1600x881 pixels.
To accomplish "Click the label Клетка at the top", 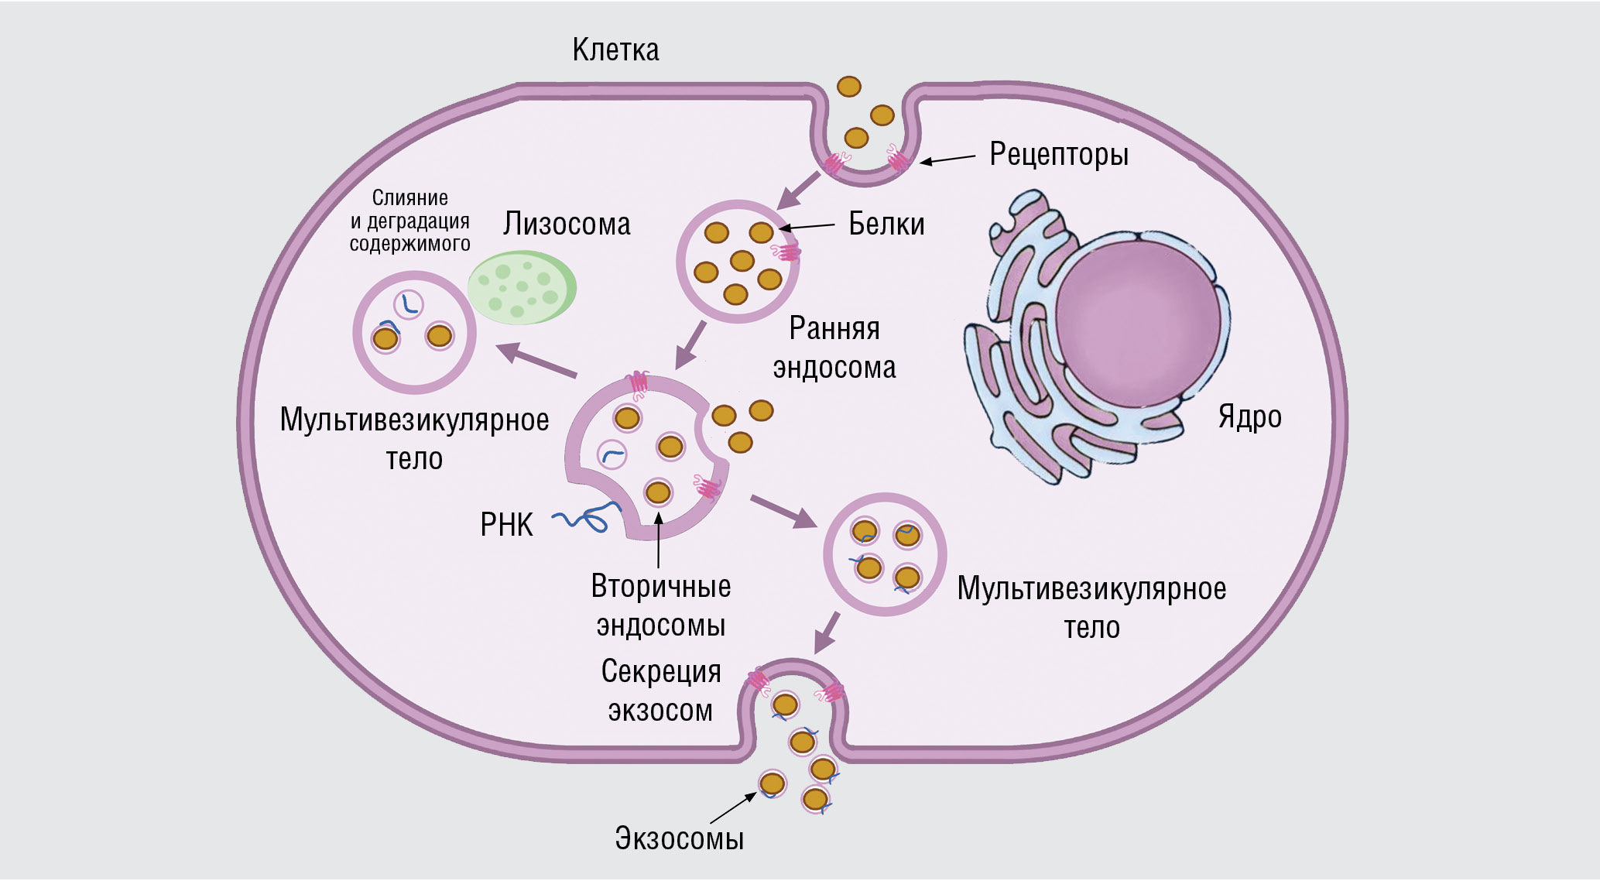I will pos(615,50).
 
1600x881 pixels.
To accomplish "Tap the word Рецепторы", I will pos(1058,154).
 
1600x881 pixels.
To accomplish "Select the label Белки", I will pos(886,224).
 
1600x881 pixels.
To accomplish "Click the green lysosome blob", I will pos(522,286).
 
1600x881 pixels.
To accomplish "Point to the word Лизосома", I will pos(567,224).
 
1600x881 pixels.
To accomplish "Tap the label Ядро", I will pos(1249,417).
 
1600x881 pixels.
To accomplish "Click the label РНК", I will pos(506,525).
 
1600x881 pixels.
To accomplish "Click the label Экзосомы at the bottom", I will pos(679,838).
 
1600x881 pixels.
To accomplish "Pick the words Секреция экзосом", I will pos(660,691).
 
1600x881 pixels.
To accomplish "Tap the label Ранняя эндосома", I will pos(834,348).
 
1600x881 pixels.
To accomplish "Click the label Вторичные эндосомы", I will pos(660,605).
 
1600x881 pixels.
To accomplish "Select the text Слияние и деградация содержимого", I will pos(409,221).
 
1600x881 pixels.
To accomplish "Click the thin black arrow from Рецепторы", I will pos(947,159).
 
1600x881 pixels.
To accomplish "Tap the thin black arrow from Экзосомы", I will pos(732,808).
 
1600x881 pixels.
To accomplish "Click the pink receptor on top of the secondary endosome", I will pos(639,383).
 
